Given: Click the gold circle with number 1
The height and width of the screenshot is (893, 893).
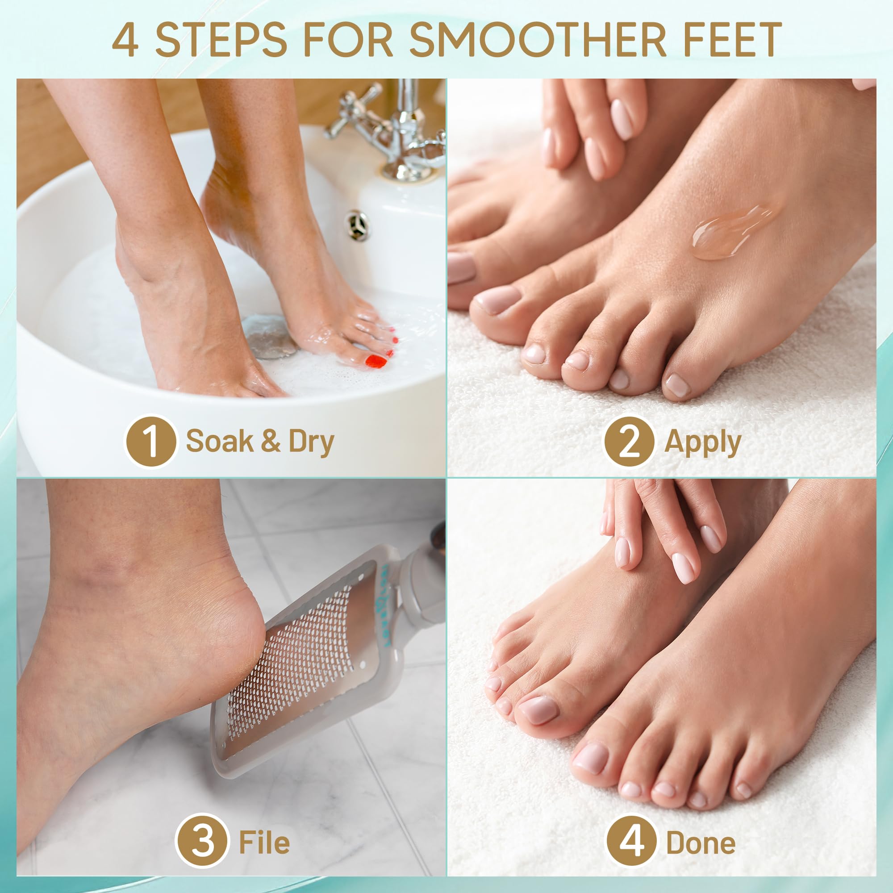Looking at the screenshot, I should (150, 441).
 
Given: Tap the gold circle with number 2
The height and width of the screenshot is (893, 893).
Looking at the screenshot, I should (629, 442).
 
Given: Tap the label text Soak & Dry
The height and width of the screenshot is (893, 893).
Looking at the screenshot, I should (260, 442).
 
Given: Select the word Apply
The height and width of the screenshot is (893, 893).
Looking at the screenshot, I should (702, 442).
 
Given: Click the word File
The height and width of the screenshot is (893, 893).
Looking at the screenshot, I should (264, 842).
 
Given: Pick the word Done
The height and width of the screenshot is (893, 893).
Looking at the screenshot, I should (701, 842).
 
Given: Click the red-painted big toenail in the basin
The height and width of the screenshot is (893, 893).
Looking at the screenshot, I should (376, 361).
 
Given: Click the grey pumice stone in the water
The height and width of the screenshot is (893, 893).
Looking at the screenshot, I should (268, 336).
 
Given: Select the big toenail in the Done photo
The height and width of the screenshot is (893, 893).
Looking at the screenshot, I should (538, 709).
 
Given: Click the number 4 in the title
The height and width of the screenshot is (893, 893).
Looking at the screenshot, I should (125, 41).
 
